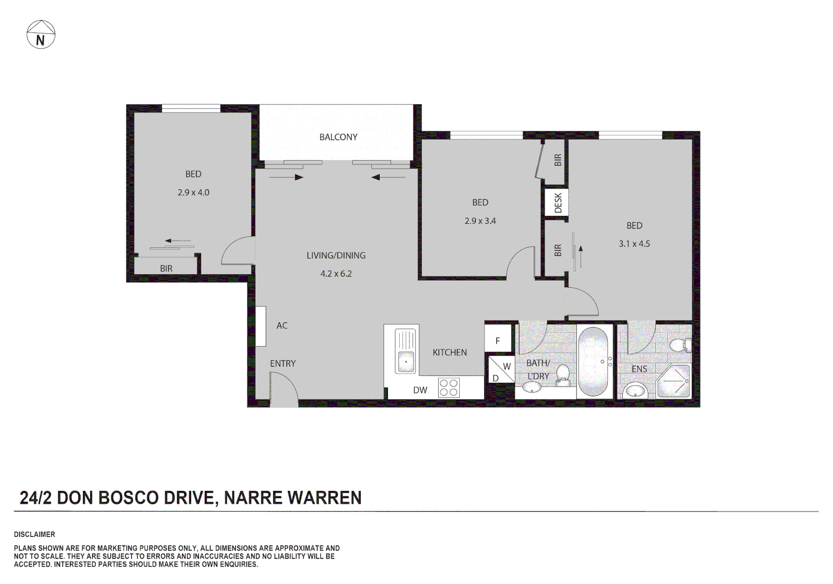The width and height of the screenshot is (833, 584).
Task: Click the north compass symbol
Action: pyautogui.click(x=41, y=35)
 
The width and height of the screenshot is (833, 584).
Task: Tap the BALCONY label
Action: pyautogui.click(x=338, y=137)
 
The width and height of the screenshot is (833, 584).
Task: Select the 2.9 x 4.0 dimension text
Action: pyautogui.click(x=193, y=193)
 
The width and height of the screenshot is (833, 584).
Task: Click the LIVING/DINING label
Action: pyautogui.click(x=336, y=256)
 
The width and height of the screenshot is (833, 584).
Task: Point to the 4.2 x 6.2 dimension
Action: pyautogui.click(x=336, y=274)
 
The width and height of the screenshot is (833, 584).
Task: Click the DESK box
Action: pyautogui.click(x=557, y=203)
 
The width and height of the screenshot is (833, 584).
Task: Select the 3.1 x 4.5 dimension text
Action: pyautogui.click(x=634, y=244)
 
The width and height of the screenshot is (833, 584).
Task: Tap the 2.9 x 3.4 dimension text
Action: pyautogui.click(x=480, y=221)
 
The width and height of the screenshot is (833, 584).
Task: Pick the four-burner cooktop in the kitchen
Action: pyautogui.click(x=448, y=388)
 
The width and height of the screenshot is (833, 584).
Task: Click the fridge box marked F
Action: pyautogui.click(x=498, y=341)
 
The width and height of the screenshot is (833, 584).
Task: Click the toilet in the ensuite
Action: pyautogui.click(x=679, y=344)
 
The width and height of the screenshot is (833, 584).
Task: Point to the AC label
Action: pyautogui.click(x=282, y=326)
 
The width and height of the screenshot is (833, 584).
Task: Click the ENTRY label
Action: pyautogui.click(x=283, y=364)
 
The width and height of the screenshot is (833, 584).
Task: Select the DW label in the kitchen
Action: pyautogui.click(x=420, y=390)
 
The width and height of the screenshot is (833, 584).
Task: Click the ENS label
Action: pyautogui.click(x=639, y=369)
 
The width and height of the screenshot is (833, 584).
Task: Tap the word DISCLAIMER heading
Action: pyautogui.click(x=35, y=535)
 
